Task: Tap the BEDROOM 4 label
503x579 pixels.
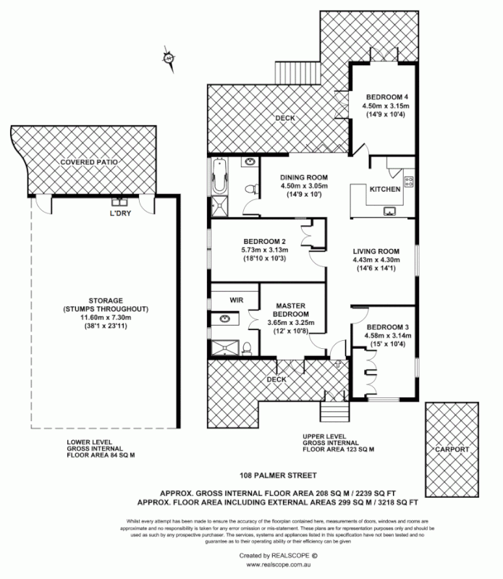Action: click(386, 96)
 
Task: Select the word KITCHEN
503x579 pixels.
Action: click(385, 189)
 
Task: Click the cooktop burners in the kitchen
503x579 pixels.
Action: click(409, 180)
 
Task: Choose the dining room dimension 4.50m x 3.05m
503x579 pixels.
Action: click(304, 186)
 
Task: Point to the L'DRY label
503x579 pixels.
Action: click(119, 215)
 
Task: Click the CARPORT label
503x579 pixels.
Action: click(452, 450)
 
